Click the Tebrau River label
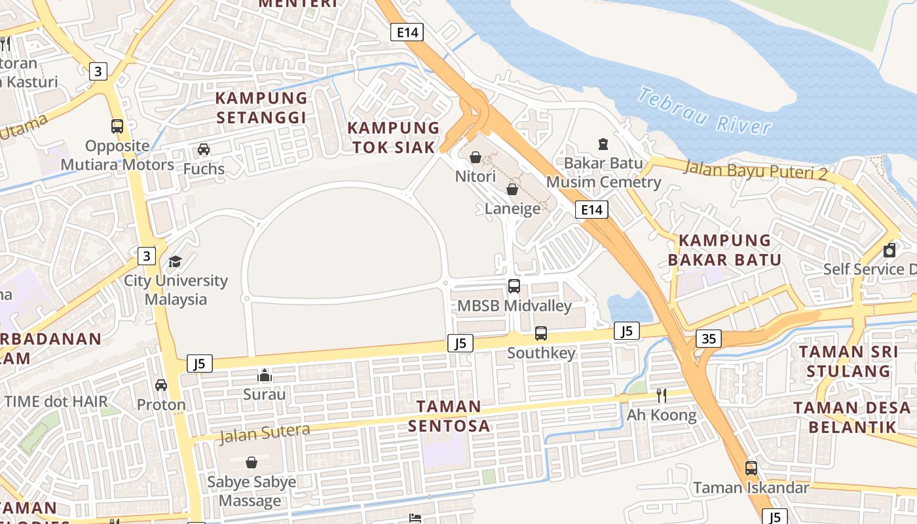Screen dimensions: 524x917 (704, 111)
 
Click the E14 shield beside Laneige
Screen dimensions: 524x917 (591, 210)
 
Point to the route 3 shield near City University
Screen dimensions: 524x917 (147, 255)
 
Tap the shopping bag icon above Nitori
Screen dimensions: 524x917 (476, 157)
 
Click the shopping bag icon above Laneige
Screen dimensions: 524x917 (512, 189)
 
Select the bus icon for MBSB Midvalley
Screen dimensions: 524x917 (514, 286)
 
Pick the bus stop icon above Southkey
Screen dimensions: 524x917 (541, 333)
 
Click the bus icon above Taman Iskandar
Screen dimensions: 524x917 (751, 468)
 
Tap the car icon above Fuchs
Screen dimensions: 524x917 (204, 149)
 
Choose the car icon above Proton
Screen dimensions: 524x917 (161, 385)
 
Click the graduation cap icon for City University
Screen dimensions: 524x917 (176, 262)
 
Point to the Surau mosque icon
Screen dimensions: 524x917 (265, 375)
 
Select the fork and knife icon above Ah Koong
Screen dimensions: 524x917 (662, 396)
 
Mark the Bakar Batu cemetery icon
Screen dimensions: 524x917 (603, 143)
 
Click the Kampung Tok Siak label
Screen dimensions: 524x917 (394, 138)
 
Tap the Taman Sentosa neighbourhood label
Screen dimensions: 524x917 (449, 416)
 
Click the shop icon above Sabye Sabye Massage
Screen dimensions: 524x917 (252, 462)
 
